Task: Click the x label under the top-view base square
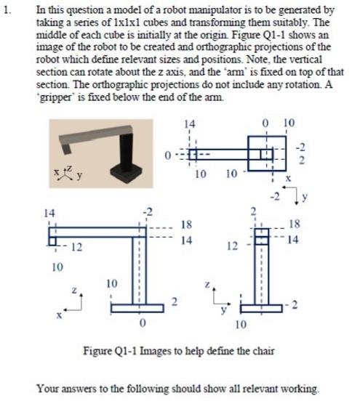click(x=287, y=177)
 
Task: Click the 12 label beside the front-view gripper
click(x=75, y=247)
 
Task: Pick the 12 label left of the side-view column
click(x=232, y=246)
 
